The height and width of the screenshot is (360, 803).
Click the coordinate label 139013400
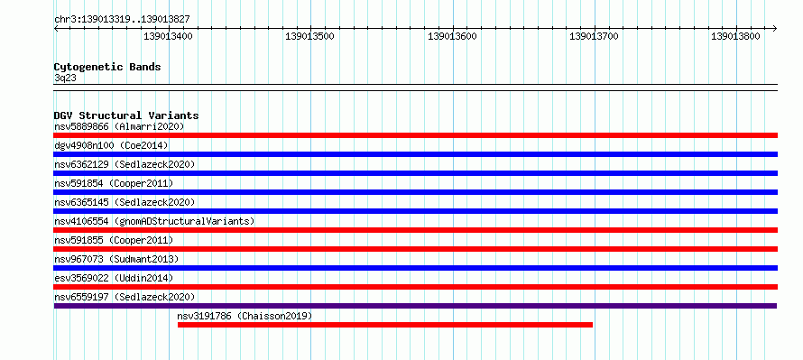[168, 36]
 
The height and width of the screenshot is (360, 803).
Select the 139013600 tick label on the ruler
[452, 36]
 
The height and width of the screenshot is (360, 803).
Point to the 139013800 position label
[735, 36]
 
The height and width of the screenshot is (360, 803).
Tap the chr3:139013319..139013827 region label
[122, 20]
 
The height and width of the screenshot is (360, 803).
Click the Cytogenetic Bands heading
[107, 67]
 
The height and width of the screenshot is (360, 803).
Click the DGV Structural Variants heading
[126, 115]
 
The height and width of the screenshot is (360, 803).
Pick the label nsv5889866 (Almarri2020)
[119, 126]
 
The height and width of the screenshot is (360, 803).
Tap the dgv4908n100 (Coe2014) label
[111, 145]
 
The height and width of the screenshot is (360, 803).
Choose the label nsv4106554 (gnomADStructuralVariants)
[154, 221]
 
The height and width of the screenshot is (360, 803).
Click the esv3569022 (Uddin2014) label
[114, 278]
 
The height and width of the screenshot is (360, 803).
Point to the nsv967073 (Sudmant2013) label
[116, 259]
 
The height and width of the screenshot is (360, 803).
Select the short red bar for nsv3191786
[385, 325]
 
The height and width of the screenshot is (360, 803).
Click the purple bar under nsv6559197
[415, 306]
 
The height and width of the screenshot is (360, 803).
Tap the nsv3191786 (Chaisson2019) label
[245, 316]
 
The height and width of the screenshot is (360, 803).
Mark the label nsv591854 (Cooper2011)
[114, 183]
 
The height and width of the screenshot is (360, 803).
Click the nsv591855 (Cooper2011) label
[114, 240]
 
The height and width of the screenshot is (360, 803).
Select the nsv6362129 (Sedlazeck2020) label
[125, 164]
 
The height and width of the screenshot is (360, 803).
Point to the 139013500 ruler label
[309, 36]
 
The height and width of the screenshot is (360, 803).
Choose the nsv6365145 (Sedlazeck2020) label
[125, 202]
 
